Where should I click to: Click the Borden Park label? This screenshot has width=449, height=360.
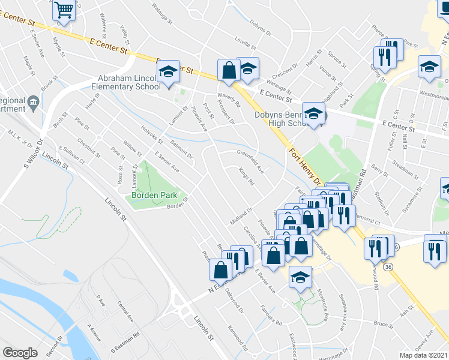click(x=151, y=196)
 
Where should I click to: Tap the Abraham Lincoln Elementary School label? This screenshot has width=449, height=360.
click(x=125, y=83)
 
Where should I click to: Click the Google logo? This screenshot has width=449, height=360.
click(x=20, y=353)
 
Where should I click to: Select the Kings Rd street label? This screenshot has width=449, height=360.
click(x=246, y=178)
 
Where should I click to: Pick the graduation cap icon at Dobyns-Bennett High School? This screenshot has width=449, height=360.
click(x=313, y=114)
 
